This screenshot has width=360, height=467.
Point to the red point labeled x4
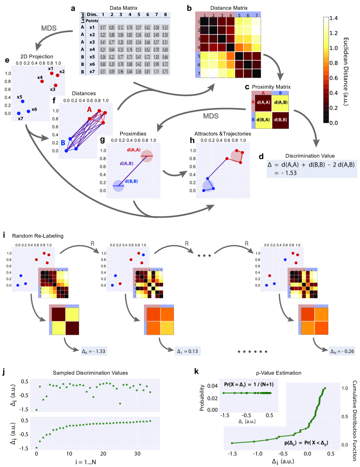click(x=42, y=82)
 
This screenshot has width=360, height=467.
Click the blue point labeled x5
click(x=23, y=101)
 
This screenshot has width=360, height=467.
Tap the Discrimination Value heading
click(x=309, y=156)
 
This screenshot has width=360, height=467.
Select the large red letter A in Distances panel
click(x=89, y=109)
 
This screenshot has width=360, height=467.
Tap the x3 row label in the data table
click(x=92, y=42)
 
